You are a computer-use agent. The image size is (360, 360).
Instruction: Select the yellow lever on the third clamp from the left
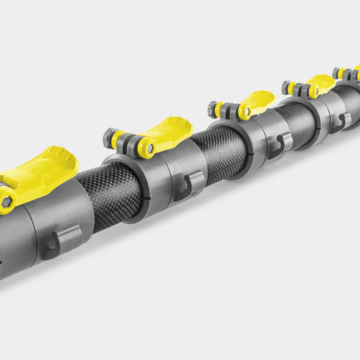[255, 103]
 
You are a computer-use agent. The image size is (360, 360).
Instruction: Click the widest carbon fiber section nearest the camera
[111, 193]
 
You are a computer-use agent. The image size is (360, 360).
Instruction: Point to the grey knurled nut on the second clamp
[112, 137]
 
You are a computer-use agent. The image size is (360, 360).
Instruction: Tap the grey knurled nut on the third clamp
[214, 110]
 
